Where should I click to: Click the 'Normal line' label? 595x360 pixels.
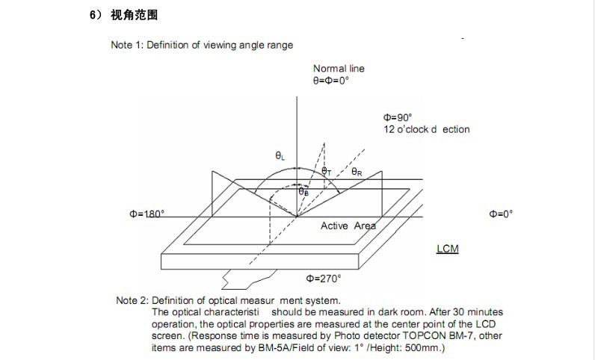click(339, 69)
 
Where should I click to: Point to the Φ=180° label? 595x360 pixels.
click(147, 214)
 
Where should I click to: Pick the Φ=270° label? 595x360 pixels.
click(324, 278)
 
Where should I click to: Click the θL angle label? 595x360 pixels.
click(280, 156)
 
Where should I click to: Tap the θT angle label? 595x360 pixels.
click(326, 171)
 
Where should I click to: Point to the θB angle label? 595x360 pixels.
click(303, 192)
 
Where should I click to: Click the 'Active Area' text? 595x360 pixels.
click(348, 226)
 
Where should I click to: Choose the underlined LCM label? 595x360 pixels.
click(447, 248)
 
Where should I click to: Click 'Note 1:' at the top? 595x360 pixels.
click(126, 45)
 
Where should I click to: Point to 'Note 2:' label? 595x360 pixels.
click(132, 300)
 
